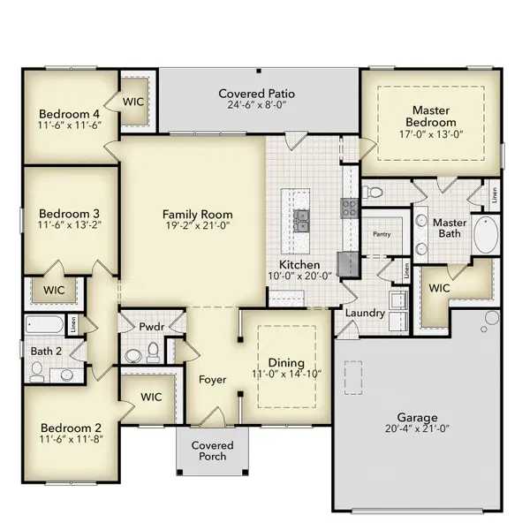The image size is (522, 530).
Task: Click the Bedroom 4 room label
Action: point(69,113)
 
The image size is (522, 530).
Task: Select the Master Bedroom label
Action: point(431,116)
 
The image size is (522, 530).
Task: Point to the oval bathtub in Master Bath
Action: point(487,237)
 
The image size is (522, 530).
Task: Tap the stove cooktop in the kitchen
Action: point(349,208)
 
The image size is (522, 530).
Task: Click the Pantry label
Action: point(382,235)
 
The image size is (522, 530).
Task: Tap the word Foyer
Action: point(213,380)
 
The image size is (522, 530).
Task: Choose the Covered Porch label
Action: point(213,450)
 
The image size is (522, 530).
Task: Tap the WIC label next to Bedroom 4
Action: point(133,102)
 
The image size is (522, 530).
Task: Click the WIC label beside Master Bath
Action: point(439,288)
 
